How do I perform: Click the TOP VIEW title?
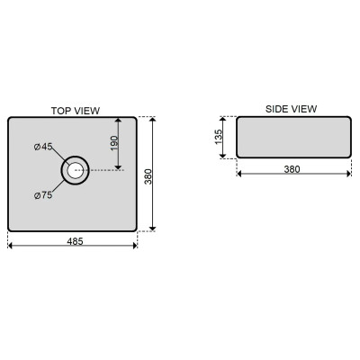[x=76, y=111]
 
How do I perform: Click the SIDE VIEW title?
[x=291, y=109]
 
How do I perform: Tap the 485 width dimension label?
[x=75, y=241]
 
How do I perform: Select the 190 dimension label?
[x=114, y=143]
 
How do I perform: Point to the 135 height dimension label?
[x=219, y=137]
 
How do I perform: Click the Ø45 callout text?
[x=43, y=147]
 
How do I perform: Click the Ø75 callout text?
[x=43, y=195]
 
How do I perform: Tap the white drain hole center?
[x=75, y=170]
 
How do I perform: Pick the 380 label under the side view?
[x=292, y=169]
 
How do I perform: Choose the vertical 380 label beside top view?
[x=148, y=176]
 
